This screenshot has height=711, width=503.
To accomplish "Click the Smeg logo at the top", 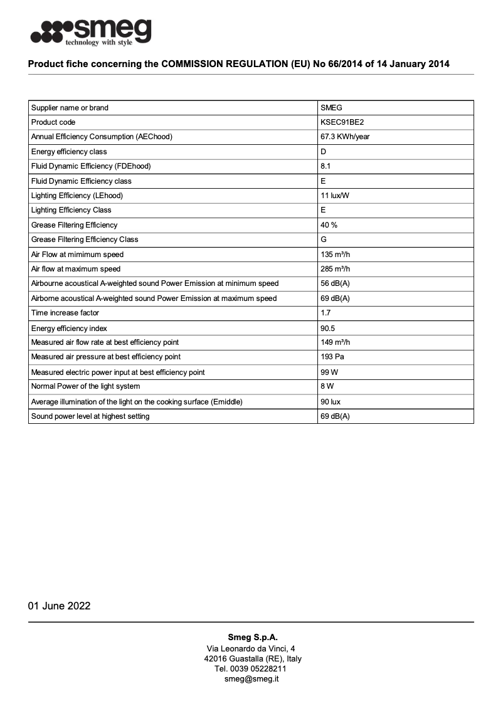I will (91, 32).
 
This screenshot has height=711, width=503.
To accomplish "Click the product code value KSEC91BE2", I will (342, 122).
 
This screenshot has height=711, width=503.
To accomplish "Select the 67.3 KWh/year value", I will (345, 137).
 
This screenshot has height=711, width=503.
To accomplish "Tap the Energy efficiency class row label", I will (69, 152).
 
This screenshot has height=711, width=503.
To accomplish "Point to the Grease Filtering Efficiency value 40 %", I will (329, 225).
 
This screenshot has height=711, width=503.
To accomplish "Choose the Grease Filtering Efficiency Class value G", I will (324, 240).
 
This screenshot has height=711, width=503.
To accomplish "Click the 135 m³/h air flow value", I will (335, 255).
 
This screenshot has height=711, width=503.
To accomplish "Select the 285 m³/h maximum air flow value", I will (335, 269).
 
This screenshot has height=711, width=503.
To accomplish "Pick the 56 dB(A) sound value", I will (335, 284).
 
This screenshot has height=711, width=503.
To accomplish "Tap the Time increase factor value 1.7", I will (326, 313).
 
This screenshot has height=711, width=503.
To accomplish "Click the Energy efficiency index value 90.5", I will (328, 329).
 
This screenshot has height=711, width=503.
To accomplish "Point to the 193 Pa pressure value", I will (332, 357).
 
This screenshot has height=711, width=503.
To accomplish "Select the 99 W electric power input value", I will (329, 372).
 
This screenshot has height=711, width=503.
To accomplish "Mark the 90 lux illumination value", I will (331, 402).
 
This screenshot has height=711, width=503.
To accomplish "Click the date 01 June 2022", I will (59, 606).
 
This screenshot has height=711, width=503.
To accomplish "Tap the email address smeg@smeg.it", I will (251, 679).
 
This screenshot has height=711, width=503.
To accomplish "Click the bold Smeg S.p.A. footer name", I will (252, 638).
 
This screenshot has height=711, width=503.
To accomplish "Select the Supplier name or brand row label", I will (70, 108).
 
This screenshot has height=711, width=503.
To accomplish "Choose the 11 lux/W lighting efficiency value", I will (334, 196).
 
